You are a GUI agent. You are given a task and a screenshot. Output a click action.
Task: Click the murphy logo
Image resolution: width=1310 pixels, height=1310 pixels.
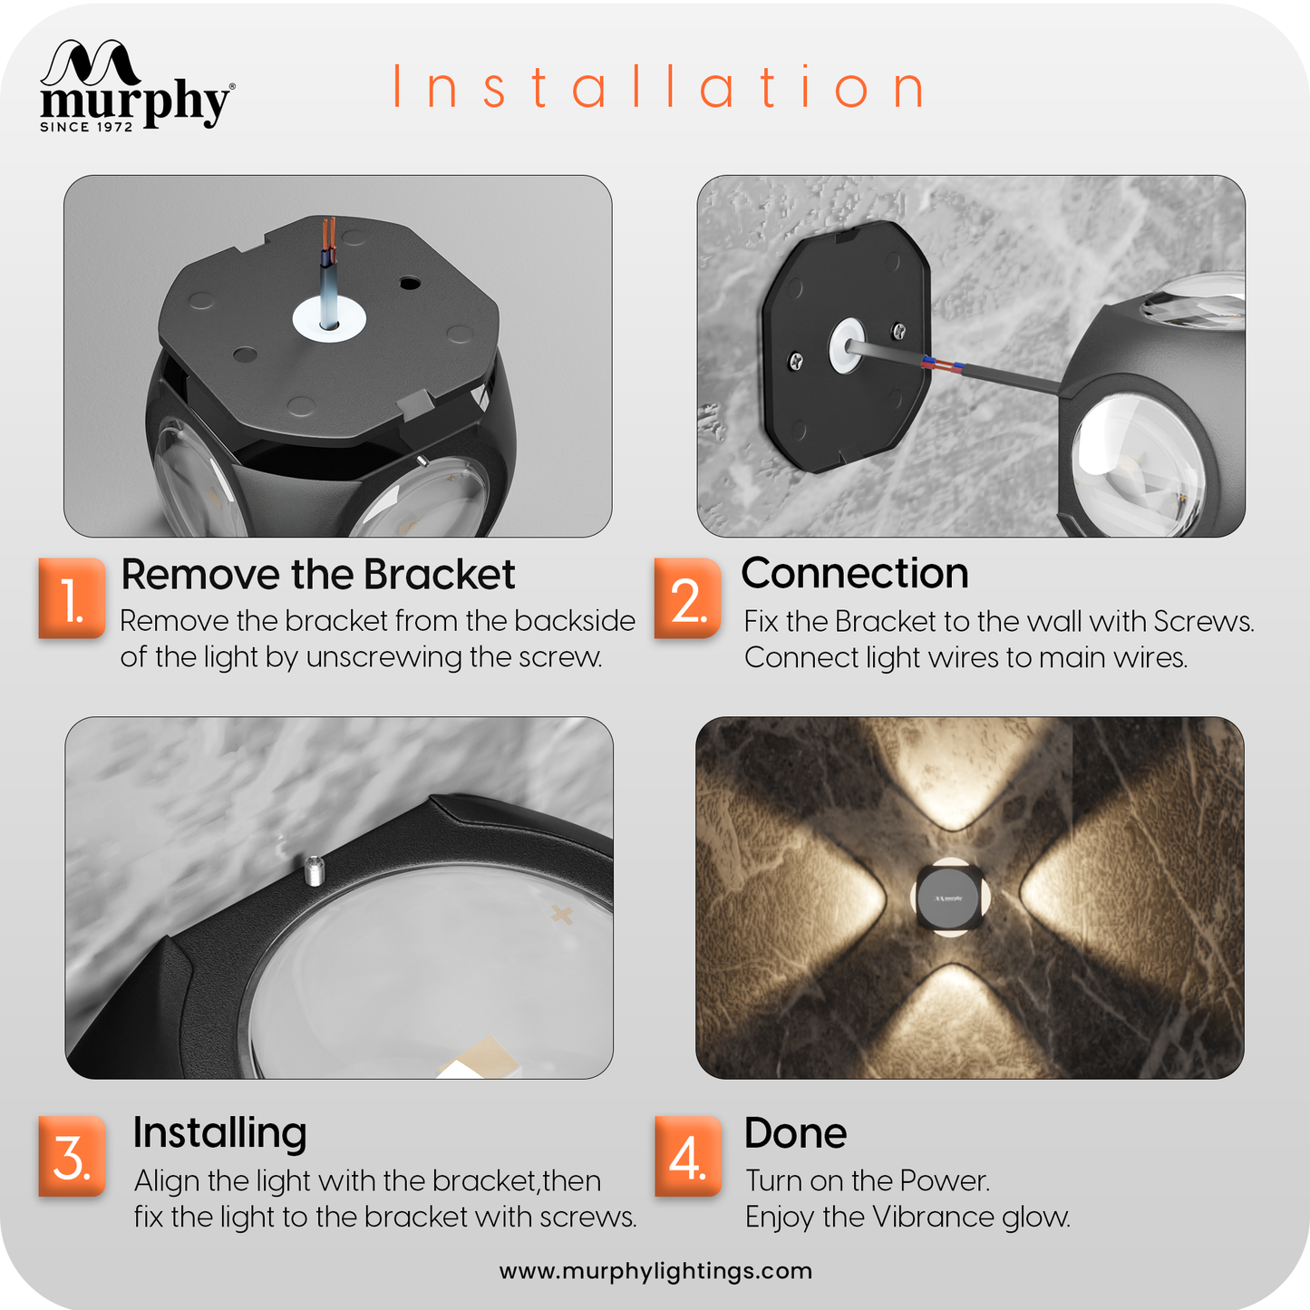(137, 85)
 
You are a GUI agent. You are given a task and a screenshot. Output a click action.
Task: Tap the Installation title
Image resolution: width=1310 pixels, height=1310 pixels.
(658, 87)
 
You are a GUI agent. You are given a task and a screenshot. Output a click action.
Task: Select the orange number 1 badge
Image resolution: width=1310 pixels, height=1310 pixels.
(72, 598)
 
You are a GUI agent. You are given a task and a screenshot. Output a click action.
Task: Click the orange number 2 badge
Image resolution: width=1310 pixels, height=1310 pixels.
(687, 598)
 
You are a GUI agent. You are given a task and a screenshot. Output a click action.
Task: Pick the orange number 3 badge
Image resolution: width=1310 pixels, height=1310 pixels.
(72, 1156)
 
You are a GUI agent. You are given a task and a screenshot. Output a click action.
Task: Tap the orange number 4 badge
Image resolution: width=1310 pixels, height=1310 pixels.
(687, 1156)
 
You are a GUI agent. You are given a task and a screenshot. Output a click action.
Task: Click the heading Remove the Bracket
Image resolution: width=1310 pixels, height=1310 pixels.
(317, 575)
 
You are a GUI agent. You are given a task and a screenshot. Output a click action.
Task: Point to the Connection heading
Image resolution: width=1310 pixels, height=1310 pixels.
(855, 573)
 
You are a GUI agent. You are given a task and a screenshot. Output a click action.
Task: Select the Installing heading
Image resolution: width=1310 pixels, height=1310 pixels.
(219, 1134)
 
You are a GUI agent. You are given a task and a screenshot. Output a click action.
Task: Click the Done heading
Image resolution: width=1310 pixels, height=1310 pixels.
(795, 1133)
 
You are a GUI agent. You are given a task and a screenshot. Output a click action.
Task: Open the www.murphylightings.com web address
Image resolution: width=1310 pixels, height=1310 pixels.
(655, 1271)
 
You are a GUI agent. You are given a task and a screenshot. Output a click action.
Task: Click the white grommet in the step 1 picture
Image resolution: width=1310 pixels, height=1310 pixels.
(329, 318)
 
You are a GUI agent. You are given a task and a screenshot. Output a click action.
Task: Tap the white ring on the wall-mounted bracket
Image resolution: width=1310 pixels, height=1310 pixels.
(847, 344)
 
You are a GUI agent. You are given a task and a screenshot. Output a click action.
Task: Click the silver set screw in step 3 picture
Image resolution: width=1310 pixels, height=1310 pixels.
(314, 870)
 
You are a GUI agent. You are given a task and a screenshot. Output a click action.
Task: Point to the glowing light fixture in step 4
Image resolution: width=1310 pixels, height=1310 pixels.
(950, 898)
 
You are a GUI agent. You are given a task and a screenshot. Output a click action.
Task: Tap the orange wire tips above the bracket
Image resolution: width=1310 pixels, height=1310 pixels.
(329, 232)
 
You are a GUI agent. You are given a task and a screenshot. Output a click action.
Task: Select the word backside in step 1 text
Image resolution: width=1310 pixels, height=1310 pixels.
(575, 621)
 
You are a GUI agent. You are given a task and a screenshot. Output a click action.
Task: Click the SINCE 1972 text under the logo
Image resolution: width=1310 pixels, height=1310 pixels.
(86, 127)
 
